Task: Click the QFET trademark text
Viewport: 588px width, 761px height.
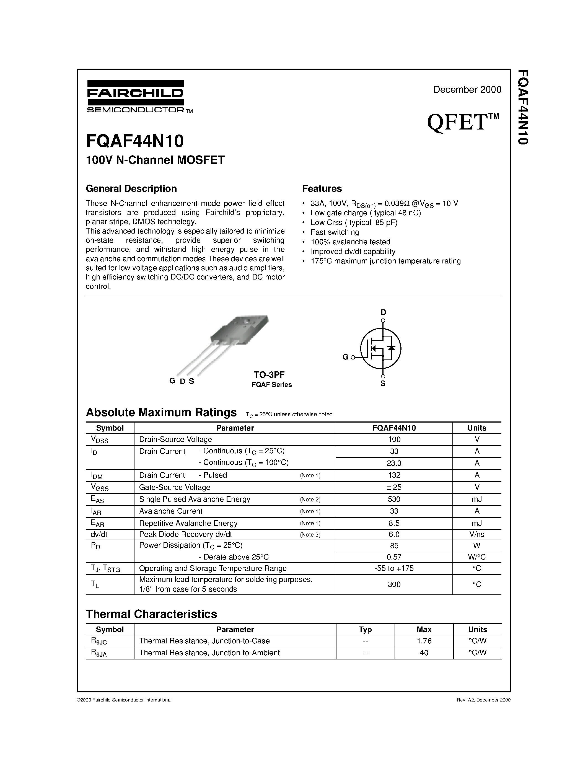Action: pos(463,122)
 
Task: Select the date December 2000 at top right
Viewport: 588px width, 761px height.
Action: pos(467,90)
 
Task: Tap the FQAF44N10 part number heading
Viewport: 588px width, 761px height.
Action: pos(135,141)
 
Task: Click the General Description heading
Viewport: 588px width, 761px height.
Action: pos(131,188)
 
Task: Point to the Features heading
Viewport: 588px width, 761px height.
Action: pos(322,188)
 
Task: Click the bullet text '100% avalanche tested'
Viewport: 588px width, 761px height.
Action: pos(350,242)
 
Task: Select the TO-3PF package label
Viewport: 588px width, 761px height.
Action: pos(269,375)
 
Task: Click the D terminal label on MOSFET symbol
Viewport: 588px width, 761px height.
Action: pos(383,312)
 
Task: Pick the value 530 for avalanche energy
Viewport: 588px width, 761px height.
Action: pos(394,499)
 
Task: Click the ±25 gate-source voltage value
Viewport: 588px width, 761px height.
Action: pos(394,487)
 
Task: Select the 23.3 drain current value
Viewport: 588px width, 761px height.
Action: pos(394,463)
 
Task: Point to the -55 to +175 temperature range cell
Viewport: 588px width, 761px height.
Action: pos(394,568)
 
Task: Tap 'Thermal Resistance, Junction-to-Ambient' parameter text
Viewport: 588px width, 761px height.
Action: pos(209,653)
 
